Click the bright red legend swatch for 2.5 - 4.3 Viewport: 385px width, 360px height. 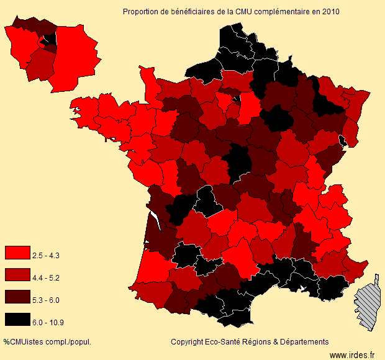[17, 253]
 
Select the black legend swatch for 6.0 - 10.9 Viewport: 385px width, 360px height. [17, 320]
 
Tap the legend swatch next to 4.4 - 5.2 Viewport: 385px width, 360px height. [17, 275]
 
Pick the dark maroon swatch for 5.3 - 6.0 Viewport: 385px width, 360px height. [17, 297]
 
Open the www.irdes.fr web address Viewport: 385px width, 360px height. [352, 355]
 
